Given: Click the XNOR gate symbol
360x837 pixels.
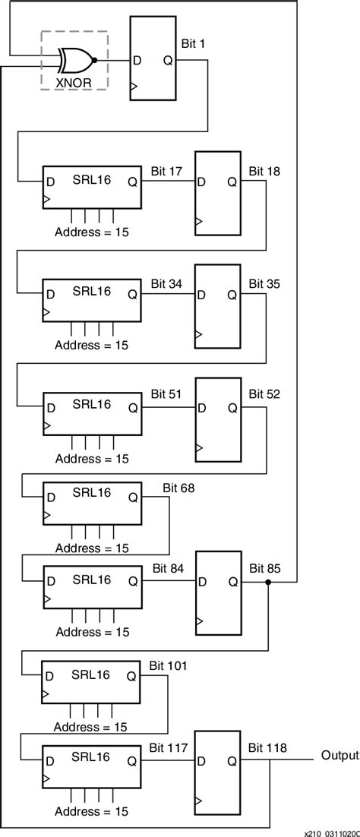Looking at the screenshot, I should click(77, 58).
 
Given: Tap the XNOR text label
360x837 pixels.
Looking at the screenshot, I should click(74, 81).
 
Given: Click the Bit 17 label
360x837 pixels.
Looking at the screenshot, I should click(166, 172).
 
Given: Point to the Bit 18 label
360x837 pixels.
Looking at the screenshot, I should click(264, 172).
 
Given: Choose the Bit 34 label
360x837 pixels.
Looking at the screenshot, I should click(166, 284).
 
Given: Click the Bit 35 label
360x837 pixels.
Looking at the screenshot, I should click(264, 284).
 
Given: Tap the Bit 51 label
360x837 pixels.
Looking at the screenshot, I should click(166, 394).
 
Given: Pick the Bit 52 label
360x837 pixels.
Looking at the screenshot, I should click(264, 394).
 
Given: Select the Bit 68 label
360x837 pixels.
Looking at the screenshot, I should click(178, 488).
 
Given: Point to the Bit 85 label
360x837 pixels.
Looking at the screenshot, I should click(264, 568).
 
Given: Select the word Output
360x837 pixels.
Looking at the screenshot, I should click(339, 756).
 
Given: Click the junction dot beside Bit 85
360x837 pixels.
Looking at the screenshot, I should click(269, 583).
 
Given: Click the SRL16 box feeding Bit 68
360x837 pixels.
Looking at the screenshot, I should click(92, 502).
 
